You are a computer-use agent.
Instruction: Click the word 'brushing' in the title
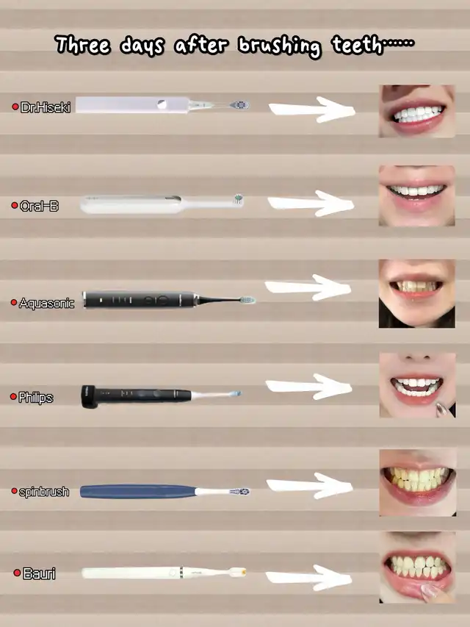click(x=279, y=46)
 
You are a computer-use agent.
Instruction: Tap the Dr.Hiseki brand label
click(x=45, y=107)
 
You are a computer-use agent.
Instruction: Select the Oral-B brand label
click(x=39, y=206)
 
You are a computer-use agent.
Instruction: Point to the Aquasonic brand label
click(x=46, y=303)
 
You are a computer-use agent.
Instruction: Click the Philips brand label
click(x=35, y=398)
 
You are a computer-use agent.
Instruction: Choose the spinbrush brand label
click(x=44, y=491)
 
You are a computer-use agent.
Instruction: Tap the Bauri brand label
click(x=39, y=573)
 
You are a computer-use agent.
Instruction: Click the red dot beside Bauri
click(x=17, y=573)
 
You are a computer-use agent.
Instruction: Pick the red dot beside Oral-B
click(x=15, y=206)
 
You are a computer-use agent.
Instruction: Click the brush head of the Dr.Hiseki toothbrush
click(x=239, y=105)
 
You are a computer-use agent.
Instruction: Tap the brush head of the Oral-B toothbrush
click(x=239, y=198)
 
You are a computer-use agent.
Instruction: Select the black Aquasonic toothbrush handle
click(x=139, y=300)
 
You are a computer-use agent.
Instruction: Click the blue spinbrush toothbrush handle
click(x=138, y=492)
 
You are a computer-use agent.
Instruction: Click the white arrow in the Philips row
click(x=309, y=387)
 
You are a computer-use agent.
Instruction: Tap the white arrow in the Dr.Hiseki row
click(x=311, y=110)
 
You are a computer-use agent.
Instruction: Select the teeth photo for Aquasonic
click(x=417, y=293)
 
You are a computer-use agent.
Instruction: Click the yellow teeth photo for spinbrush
click(x=418, y=482)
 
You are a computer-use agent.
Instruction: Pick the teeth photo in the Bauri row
click(x=417, y=567)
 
